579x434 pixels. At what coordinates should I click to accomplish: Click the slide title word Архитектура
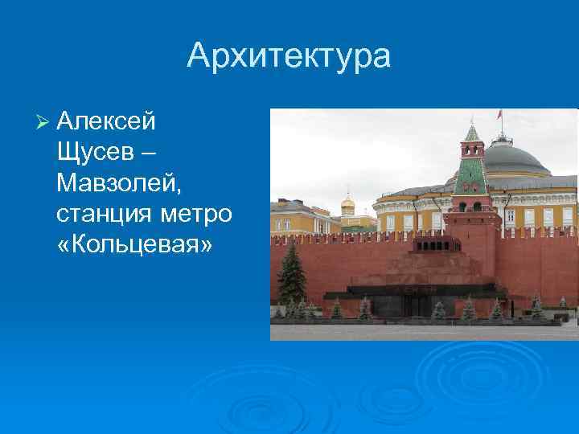click(x=289, y=56)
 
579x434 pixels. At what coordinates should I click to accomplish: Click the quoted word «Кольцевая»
click(x=135, y=244)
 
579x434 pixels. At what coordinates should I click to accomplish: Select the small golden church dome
click(x=347, y=204)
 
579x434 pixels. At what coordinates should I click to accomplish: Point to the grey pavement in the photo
click(x=418, y=331)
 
